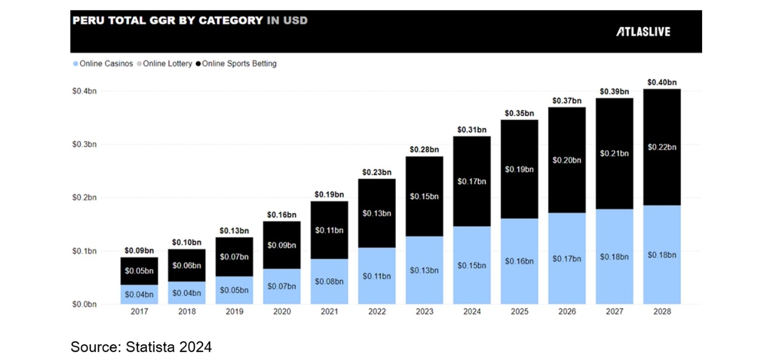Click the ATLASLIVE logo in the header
pyautogui.click(x=643, y=32)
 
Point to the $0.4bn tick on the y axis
pyautogui.click(x=84, y=91)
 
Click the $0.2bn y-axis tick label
pyautogui.click(x=84, y=198)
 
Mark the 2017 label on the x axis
pyautogui.click(x=139, y=312)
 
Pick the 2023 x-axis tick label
pyautogui.click(x=424, y=312)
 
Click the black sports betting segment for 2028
pyautogui.click(x=661, y=147)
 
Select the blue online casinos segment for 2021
pyautogui.click(x=329, y=281)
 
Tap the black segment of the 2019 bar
pyautogui.click(x=234, y=257)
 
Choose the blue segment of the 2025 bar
pyautogui.click(x=519, y=261)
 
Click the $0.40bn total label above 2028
pyautogui.click(x=661, y=82)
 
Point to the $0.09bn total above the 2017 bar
pyautogui.click(x=139, y=250)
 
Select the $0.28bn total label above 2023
pyautogui.click(x=424, y=149)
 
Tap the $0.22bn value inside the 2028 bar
pyautogui.click(x=661, y=147)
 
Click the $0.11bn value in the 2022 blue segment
pyautogui.click(x=376, y=276)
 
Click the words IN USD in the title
pyautogui.click(x=287, y=21)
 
